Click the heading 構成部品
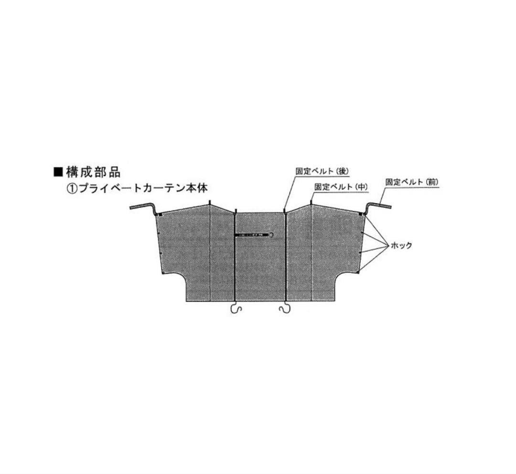94,172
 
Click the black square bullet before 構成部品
58,172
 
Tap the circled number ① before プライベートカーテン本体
72,189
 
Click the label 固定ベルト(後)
322,171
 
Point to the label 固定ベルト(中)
341,187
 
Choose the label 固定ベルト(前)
412,182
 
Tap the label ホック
401,245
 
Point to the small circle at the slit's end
271,235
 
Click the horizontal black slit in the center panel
252,235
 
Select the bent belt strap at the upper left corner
143,208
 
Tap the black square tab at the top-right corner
361,214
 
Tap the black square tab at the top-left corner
160,215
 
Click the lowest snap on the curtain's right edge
358,272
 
